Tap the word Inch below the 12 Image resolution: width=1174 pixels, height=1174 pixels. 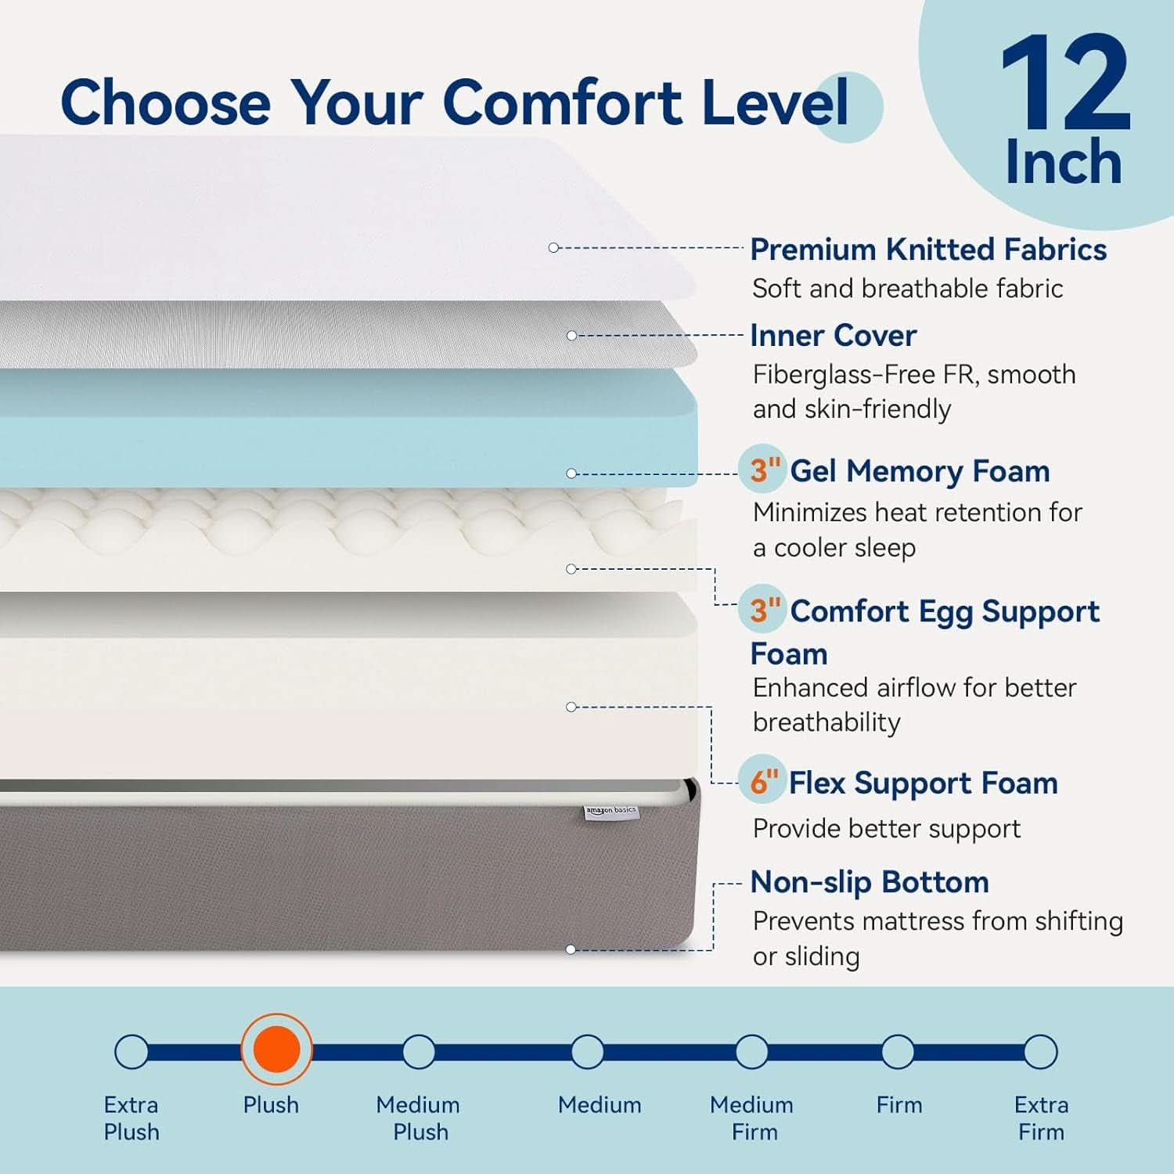(x=1064, y=162)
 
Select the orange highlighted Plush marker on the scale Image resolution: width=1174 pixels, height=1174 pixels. (x=276, y=1050)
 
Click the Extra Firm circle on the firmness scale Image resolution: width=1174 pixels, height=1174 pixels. (x=1040, y=1052)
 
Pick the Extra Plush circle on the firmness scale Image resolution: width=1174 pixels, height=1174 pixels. (x=131, y=1052)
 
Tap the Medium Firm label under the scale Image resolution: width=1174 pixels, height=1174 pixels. (x=752, y=1118)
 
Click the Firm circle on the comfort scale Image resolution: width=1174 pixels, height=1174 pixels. (x=897, y=1052)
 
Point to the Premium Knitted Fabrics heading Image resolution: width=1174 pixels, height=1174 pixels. (x=928, y=250)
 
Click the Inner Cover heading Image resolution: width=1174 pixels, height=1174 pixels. (x=833, y=335)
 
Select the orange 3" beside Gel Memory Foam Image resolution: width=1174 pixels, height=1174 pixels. (x=765, y=470)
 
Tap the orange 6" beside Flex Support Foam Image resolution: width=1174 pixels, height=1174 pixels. (x=764, y=781)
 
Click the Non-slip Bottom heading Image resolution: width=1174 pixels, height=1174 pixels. (x=870, y=882)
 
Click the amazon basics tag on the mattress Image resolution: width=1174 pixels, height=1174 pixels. (x=611, y=812)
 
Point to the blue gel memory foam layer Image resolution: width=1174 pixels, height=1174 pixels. (x=348, y=427)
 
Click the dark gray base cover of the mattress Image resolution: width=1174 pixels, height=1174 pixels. (x=348, y=877)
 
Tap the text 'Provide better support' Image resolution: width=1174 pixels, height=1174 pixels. (x=887, y=828)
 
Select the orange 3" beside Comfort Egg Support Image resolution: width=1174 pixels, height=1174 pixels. (x=765, y=610)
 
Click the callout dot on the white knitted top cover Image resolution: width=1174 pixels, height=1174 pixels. (x=553, y=247)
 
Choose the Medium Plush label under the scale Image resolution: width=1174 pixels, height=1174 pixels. (x=419, y=1118)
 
